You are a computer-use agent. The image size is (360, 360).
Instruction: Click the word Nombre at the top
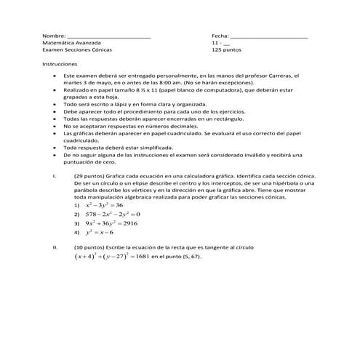[x=54, y=35]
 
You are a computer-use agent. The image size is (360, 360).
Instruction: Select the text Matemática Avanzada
[x=71, y=43]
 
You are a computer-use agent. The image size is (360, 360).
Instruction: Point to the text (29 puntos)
[x=89, y=176]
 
